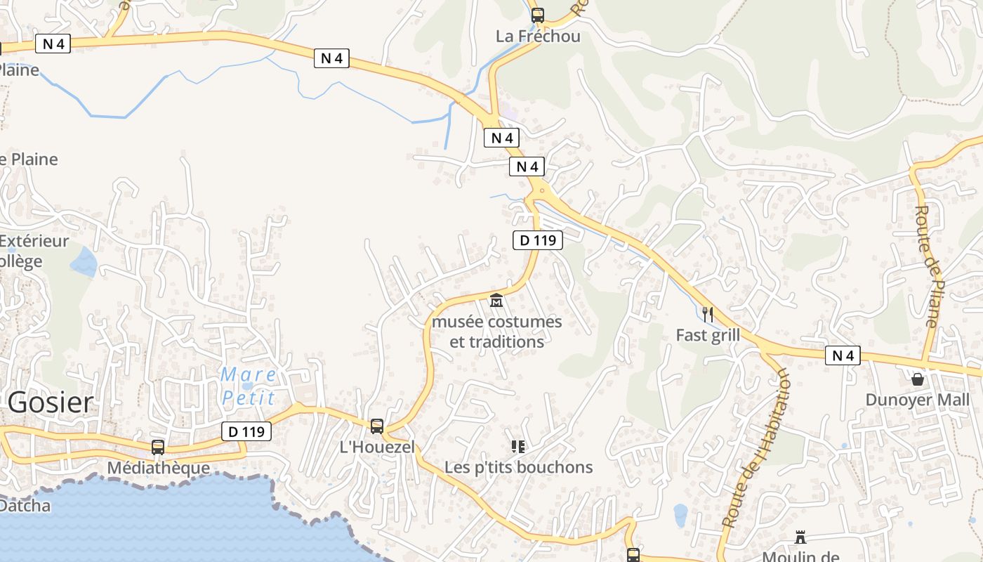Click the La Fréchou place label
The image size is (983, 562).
[538, 36]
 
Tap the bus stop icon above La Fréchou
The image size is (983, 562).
[538, 15]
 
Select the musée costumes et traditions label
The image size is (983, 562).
[497, 332]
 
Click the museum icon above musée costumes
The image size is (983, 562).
[496, 301]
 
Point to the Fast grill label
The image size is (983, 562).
[708, 335]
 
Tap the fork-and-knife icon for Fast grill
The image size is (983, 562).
[708, 314]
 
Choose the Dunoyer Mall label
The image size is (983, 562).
[918, 400]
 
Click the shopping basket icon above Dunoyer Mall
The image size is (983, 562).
[918, 379]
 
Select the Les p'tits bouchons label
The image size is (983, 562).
[518, 467]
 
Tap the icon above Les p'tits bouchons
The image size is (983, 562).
[518, 446]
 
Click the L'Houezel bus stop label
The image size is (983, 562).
[377, 447]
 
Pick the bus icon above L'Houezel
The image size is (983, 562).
[377, 426]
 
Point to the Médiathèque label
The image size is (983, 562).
[158, 468]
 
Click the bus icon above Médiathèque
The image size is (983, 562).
[158, 447]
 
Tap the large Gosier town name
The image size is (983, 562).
[51, 403]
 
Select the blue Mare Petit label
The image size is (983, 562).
[248, 386]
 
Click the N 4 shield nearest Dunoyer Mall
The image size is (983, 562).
[843, 355]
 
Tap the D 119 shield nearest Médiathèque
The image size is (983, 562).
[246, 431]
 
